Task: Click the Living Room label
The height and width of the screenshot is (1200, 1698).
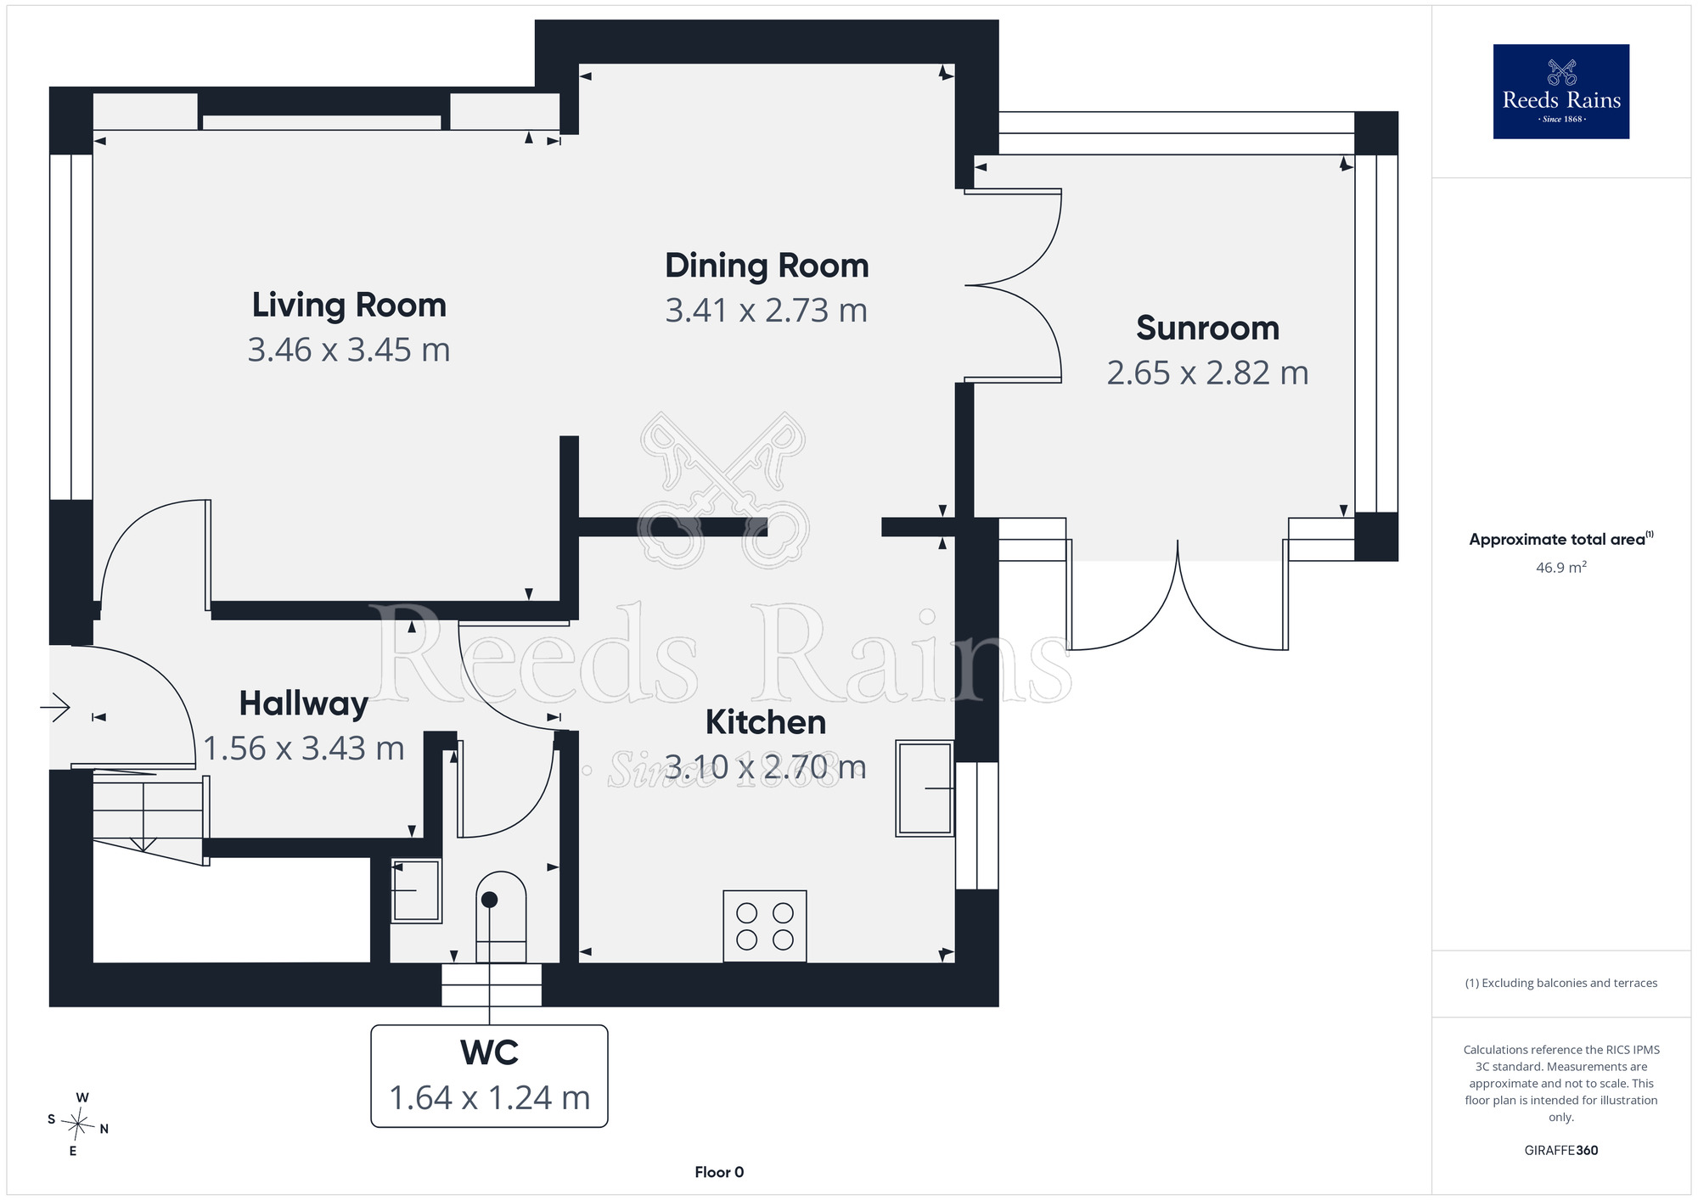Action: (x=349, y=306)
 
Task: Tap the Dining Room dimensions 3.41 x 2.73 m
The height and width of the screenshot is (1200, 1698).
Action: (x=767, y=311)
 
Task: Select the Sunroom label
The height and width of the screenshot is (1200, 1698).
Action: (x=1207, y=328)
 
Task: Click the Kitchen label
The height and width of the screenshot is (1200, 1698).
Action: (x=766, y=722)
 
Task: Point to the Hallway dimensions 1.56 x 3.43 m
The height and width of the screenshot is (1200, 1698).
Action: (x=304, y=749)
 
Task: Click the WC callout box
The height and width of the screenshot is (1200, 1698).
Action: (x=489, y=1076)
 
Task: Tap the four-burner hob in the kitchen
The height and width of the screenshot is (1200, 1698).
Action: (x=765, y=926)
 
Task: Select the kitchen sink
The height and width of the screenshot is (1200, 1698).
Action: (x=925, y=788)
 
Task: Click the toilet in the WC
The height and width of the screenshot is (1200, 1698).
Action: (x=501, y=917)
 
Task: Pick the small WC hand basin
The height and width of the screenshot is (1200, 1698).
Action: (x=416, y=890)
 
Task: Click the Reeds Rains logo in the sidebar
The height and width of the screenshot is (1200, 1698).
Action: (x=1561, y=92)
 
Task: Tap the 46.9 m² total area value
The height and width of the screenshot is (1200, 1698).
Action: (x=1561, y=567)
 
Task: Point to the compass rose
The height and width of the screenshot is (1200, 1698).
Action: (x=78, y=1124)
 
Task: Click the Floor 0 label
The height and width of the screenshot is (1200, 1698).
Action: (x=719, y=1172)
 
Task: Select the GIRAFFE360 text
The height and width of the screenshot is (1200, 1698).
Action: (x=1561, y=1151)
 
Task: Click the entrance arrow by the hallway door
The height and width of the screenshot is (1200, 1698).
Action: (x=55, y=706)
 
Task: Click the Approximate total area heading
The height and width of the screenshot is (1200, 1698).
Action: (x=1561, y=539)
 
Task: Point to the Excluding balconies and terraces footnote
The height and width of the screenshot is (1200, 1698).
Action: (x=1561, y=983)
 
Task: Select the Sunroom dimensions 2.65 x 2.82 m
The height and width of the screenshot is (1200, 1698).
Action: (x=1207, y=373)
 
